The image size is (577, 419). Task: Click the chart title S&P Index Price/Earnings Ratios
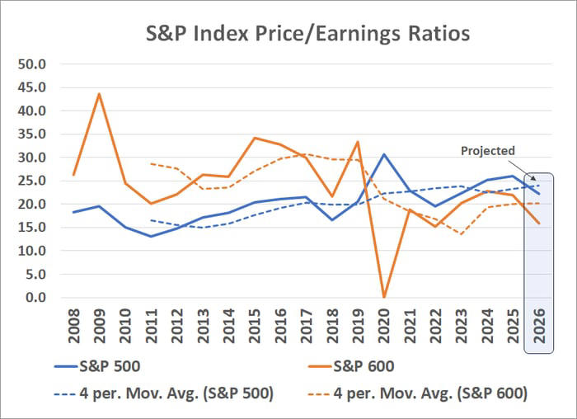pos(307,34)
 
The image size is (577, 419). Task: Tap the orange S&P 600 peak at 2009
pos(99,93)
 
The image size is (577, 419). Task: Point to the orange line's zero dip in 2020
pos(382,296)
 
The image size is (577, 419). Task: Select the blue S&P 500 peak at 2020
pos(382,154)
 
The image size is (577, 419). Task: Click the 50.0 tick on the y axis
pos(36,64)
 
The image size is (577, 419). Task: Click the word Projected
pos(487,151)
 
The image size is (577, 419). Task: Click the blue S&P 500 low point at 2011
pos(151,236)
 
